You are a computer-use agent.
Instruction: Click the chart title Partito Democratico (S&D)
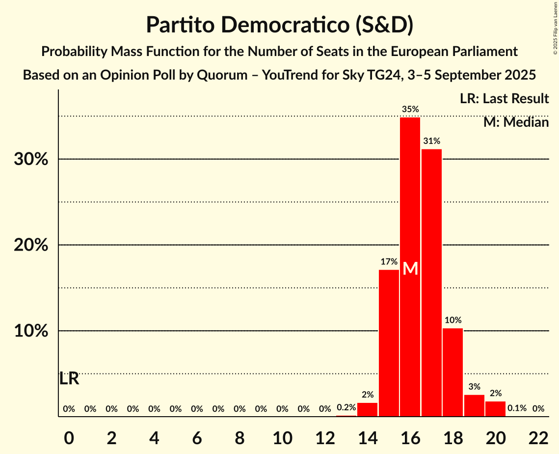279,25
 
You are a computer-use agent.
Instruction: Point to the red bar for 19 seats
474,405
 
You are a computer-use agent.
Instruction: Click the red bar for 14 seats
367,409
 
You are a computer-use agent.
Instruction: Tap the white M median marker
410,269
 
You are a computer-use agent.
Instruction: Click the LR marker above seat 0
69,379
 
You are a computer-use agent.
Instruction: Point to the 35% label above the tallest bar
410,109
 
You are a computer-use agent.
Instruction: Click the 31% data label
431,141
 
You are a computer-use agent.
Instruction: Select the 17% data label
389,261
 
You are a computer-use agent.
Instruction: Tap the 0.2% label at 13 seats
346,408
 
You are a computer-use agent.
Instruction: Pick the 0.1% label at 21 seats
517,408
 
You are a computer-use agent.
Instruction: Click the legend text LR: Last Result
504,99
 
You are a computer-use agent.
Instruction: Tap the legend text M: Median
516,122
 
